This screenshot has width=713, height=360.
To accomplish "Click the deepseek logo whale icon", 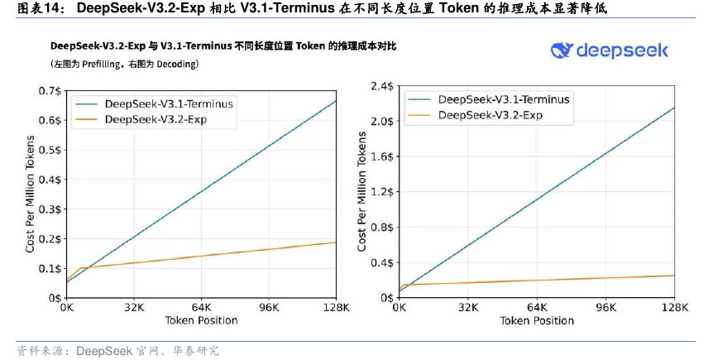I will point(562,50).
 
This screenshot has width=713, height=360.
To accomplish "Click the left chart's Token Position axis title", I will point(201,321).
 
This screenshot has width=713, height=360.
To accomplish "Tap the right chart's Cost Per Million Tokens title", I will point(362,191).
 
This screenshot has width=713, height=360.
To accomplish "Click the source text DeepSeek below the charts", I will point(103,351).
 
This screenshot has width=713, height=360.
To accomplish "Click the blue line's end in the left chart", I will point(336,100).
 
